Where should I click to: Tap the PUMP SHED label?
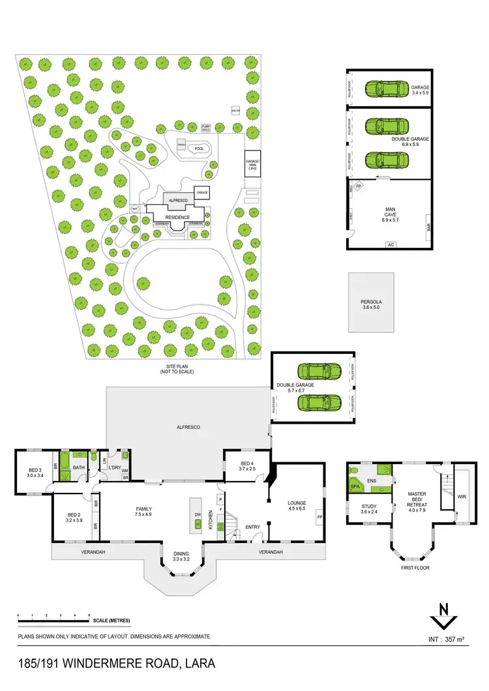[x=207, y=128]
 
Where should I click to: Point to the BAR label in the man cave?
[x=428, y=229]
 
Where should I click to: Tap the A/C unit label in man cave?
[x=391, y=245]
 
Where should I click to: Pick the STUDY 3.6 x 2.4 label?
[x=369, y=508]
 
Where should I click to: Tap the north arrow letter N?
[x=443, y=610]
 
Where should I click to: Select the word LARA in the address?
[x=198, y=664]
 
